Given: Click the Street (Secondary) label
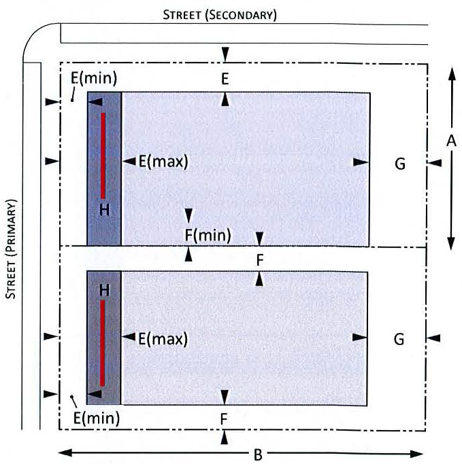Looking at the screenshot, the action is click(219, 14).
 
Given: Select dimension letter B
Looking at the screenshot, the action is click(258, 454).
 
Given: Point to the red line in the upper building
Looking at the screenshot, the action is click(103, 156).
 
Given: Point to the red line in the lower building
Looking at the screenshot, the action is click(103, 343).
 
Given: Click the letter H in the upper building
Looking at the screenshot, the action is click(104, 210).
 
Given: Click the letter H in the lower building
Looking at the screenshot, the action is click(104, 289).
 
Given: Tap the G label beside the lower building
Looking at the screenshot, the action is click(400, 338).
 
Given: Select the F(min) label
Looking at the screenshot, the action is click(208, 236).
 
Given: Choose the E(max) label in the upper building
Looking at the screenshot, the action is click(163, 162).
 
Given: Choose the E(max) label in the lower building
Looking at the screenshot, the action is click(163, 338).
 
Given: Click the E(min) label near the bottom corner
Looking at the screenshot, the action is click(96, 418).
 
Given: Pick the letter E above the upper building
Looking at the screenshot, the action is click(225, 79).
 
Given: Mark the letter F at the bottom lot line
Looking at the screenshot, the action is click(224, 418).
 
